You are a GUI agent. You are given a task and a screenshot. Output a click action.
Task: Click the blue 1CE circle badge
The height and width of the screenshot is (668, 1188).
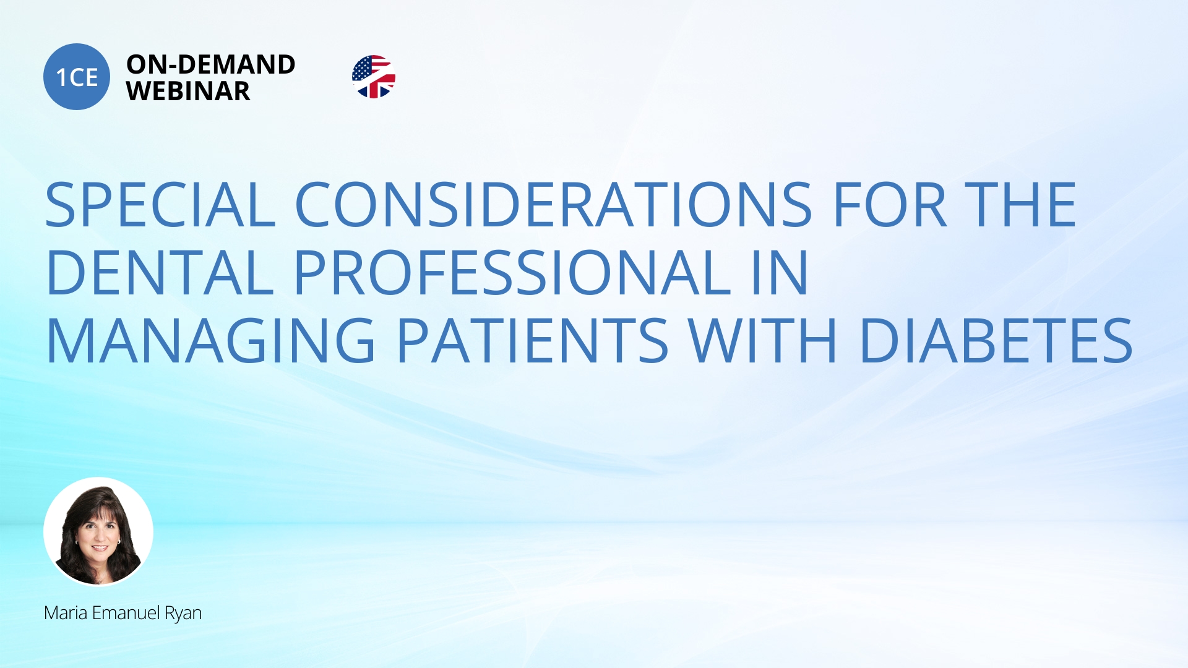[77, 77]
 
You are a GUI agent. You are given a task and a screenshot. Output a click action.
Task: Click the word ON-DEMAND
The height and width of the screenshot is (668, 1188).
[210, 64]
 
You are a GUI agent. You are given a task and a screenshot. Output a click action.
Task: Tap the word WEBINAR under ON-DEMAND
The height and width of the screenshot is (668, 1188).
[188, 91]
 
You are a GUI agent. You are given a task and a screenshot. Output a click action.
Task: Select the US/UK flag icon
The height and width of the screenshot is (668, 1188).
[374, 77]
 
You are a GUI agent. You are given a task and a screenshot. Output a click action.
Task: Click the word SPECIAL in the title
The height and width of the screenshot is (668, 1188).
[160, 205]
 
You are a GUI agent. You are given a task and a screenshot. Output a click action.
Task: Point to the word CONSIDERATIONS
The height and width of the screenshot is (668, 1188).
[553, 205]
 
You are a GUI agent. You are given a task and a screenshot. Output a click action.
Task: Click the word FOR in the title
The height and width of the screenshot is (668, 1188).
[890, 205]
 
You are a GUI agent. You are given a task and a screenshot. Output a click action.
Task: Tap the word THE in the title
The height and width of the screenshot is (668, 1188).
[1020, 205]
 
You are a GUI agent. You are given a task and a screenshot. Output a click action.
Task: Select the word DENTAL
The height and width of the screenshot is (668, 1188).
[160, 272]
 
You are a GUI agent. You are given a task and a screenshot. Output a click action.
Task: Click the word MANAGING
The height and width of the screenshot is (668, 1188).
[210, 340]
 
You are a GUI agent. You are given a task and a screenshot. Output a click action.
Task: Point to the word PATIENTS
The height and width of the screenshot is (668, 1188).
[532, 340]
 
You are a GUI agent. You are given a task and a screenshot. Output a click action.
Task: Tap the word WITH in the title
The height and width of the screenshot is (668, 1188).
[763, 340]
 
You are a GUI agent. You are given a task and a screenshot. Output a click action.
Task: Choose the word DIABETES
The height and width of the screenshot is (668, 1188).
[996, 340]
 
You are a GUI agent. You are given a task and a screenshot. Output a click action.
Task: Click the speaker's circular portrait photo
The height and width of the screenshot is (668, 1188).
[98, 531]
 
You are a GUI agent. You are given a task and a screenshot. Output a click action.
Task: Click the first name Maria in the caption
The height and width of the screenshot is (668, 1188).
[66, 613]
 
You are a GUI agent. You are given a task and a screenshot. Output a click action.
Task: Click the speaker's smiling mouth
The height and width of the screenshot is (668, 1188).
[100, 547]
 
